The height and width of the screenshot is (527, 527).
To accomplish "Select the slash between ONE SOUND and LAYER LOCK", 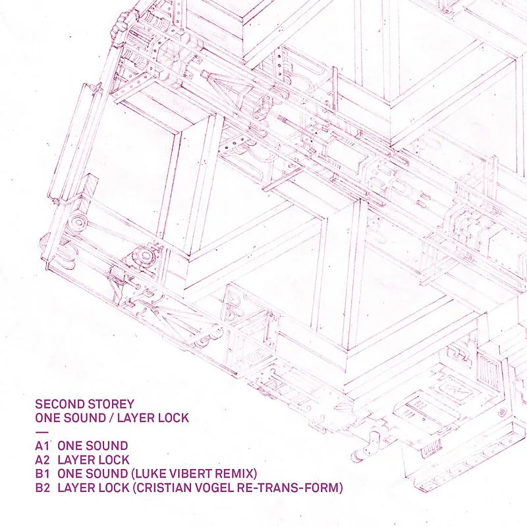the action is (x=111, y=418).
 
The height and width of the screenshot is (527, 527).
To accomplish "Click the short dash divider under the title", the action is (x=42, y=432).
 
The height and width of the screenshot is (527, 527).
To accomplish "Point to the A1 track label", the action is (x=42, y=446).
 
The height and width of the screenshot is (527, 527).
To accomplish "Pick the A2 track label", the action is (x=42, y=460).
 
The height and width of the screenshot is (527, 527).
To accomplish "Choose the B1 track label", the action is (x=42, y=474).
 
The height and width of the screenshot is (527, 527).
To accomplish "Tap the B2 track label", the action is (x=42, y=487).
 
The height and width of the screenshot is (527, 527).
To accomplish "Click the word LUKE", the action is (x=147, y=474).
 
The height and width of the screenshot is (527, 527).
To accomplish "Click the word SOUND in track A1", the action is (x=106, y=446).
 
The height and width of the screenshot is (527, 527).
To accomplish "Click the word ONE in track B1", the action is (x=70, y=474).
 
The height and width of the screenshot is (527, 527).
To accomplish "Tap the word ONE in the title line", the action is (x=47, y=418).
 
